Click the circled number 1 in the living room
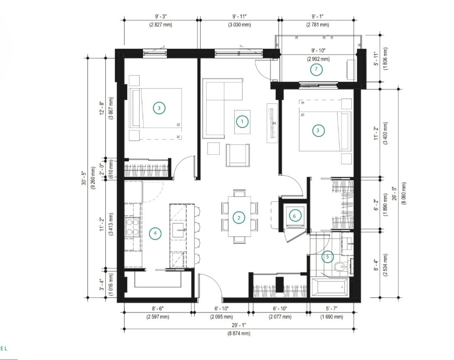click(242, 122)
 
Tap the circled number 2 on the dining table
click(239, 218)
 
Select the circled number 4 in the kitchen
click(155, 233)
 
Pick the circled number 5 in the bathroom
click(327, 257)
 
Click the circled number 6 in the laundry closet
click(294, 216)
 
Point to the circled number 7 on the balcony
click(316, 69)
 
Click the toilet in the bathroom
click(339, 266)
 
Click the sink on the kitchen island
click(179, 230)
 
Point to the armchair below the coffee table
click(238, 155)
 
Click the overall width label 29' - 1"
click(239, 325)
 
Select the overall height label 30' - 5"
click(84, 178)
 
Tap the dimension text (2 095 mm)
click(221, 317)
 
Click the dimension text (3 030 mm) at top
click(240, 25)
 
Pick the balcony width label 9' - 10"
click(318, 51)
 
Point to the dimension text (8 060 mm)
click(403, 193)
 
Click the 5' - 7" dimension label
click(332, 309)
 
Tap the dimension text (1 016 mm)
click(112, 284)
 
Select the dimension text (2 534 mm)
click(385, 265)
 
